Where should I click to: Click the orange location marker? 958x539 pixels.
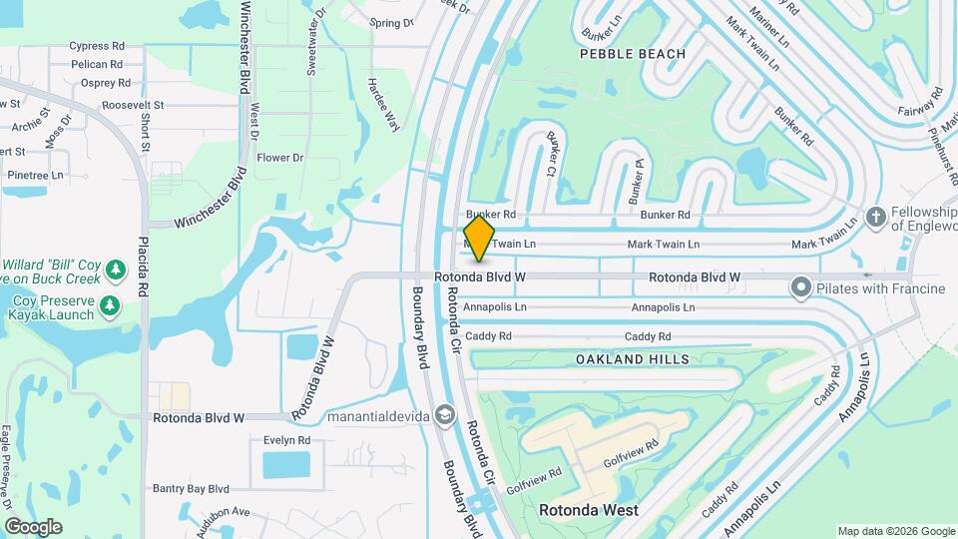[x=480, y=240]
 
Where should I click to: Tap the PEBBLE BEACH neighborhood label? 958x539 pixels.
[x=633, y=54]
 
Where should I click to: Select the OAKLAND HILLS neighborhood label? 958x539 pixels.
[x=633, y=358]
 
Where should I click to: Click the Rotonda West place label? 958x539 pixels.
[x=589, y=510]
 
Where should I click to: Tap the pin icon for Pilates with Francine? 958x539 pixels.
[x=800, y=288]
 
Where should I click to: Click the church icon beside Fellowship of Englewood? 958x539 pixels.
[x=875, y=218]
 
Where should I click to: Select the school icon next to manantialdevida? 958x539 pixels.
[x=445, y=414]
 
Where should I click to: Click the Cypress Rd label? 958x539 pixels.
[x=96, y=46]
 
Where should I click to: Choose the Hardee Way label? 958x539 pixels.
[x=383, y=105]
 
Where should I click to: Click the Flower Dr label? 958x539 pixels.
[x=279, y=158]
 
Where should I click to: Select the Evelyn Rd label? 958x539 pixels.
[x=287, y=440]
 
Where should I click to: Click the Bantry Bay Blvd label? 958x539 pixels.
[x=191, y=489]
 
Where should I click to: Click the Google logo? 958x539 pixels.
[x=33, y=527]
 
